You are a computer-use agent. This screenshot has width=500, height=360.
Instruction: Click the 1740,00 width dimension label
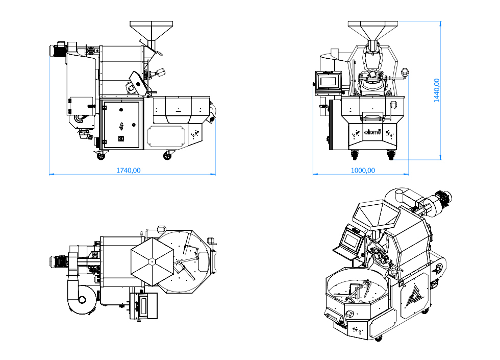[x=129, y=170]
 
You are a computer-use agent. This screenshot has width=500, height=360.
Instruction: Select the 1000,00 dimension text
[x=363, y=170]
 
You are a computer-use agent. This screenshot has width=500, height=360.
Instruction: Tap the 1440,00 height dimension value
[x=437, y=90]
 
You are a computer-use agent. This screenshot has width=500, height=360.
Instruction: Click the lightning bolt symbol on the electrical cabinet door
[x=121, y=126]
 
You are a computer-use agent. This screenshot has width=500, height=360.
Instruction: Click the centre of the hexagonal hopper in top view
[x=152, y=261]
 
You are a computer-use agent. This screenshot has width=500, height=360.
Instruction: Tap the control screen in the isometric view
[x=352, y=238]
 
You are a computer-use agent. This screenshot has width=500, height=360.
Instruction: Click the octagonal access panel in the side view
[x=166, y=135]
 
